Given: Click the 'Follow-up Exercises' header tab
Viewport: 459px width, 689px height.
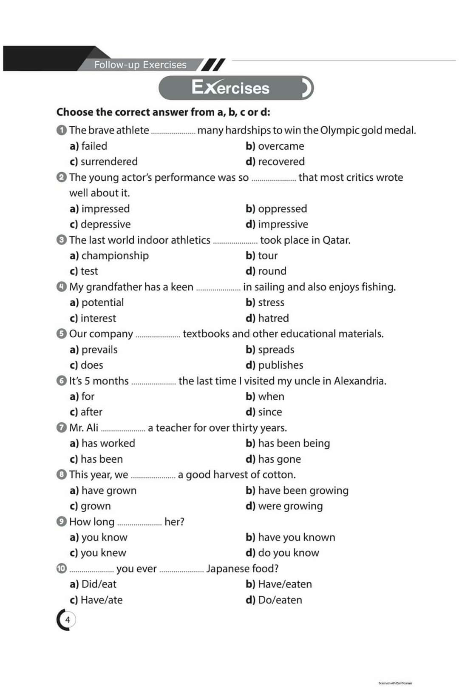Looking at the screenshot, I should [x=140, y=65].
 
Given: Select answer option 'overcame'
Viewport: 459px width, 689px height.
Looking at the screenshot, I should [x=280, y=146].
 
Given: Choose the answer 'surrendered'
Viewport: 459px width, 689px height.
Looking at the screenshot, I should [x=109, y=162].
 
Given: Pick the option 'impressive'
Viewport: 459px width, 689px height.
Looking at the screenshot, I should [x=283, y=224].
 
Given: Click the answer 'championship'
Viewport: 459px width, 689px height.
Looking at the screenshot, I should [x=115, y=256].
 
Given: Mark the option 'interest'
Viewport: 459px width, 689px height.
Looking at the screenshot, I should [x=98, y=318].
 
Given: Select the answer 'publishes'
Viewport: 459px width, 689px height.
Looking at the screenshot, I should [x=280, y=365].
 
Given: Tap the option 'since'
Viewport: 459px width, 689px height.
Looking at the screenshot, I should [x=270, y=412].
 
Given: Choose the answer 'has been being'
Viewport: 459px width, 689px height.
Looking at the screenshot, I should [x=294, y=443].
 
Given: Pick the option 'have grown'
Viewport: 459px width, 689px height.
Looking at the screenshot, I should [x=109, y=490].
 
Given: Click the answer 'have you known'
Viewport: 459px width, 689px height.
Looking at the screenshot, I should [x=296, y=537].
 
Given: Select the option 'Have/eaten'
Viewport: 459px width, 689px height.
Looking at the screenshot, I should [x=285, y=584].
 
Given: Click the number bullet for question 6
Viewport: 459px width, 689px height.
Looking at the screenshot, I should [x=61, y=381].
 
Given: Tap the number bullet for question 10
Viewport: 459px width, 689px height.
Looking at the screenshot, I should [x=61, y=568].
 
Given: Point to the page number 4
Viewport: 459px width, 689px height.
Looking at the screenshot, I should [x=67, y=620].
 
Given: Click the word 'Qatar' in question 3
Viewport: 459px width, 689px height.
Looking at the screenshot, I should [x=336, y=240].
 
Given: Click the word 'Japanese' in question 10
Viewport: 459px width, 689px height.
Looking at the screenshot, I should [x=226, y=569].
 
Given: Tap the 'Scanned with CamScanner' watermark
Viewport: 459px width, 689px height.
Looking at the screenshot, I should [x=395, y=683].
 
